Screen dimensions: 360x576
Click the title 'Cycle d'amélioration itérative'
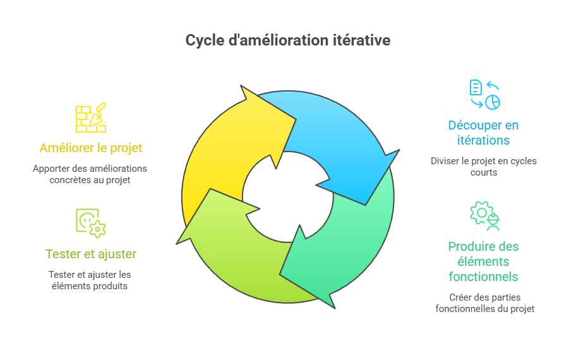[288, 40]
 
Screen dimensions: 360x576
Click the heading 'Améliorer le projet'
[91, 148]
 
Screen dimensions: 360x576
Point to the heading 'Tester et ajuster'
[91, 254]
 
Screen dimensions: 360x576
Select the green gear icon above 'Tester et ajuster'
[91, 223]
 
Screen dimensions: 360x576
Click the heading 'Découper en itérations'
[483, 133]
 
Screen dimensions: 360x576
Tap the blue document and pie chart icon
[484, 94]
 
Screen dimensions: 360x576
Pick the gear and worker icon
[484, 215]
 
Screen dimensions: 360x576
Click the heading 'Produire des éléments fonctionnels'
[483, 261]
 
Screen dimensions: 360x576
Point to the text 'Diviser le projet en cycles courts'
[483, 166]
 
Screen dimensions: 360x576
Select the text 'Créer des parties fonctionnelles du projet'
[484, 303]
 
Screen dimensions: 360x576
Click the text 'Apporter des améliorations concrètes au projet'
[90, 174]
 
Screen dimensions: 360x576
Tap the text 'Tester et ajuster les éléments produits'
[90, 280]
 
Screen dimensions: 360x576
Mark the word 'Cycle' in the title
[203, 40]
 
